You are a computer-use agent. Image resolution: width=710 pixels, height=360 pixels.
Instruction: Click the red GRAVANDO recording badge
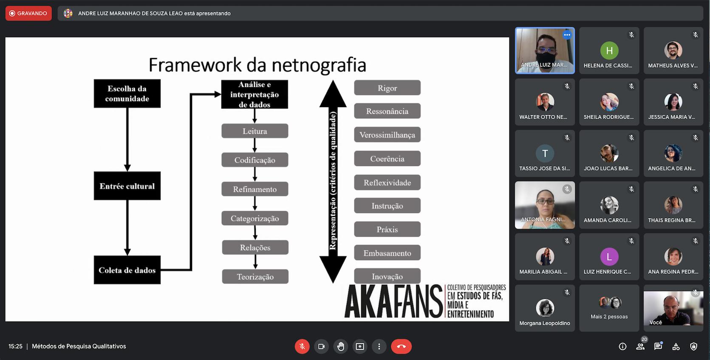tap(28, 13)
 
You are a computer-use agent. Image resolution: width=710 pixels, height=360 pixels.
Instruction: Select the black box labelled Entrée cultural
tap(127, 186)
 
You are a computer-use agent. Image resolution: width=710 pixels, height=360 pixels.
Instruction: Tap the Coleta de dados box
tap(127, 270)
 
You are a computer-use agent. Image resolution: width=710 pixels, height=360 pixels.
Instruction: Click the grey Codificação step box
tap(255, 160)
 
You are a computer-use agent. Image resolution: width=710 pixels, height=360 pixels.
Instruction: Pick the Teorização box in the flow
tap(255, 277)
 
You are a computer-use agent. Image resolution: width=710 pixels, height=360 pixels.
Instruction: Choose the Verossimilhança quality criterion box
tap(387, 135)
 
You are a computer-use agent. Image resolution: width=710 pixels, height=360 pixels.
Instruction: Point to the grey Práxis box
tap(387, 230)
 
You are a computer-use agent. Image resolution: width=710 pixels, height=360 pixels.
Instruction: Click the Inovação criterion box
tap(387, 276)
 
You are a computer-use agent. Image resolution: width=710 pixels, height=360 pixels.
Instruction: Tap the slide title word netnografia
tap(319, 65)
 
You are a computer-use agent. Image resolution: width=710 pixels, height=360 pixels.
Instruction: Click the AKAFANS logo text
tap(393, 302)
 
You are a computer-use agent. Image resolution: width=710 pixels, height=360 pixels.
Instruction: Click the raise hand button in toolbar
tap(341, 346)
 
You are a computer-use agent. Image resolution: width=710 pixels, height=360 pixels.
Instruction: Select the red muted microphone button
tap(302, 346)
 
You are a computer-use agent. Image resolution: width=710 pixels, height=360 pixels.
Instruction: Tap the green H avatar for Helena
tap(609, 51)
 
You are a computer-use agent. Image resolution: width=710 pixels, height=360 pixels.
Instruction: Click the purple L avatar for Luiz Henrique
tap(609, 257)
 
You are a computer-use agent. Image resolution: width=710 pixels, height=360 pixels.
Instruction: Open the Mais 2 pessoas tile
tap(609, 308)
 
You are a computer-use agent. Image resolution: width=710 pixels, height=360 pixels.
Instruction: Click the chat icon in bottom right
tap(658, 346)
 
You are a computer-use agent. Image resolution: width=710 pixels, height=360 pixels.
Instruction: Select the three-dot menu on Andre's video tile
tap(567, 35)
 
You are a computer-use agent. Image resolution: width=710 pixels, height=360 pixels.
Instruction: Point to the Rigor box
tap(387, 88)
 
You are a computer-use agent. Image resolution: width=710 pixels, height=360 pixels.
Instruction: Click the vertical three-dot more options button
tap(379, 346)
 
